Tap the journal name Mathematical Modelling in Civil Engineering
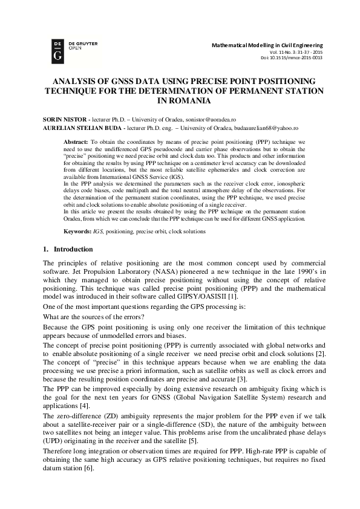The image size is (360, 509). [x=267, y=45]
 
